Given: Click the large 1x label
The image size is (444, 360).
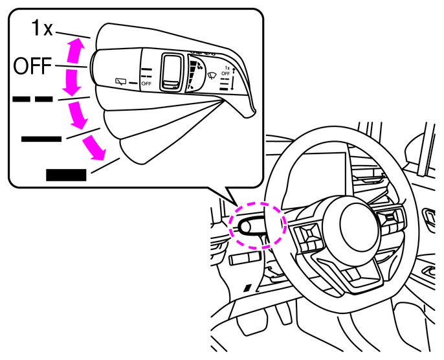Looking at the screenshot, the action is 42,28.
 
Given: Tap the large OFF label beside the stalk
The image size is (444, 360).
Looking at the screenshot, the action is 32,65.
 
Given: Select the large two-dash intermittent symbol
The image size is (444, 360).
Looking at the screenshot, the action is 32,99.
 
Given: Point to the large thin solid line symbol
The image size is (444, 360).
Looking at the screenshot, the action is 41,139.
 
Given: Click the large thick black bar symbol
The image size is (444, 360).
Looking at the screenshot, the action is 66,175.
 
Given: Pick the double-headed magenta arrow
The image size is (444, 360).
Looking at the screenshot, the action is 73,67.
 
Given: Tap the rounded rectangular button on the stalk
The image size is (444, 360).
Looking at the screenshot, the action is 171,73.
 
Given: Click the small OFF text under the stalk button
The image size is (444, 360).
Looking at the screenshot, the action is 146,84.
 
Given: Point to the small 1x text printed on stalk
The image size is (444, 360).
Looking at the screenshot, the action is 227,68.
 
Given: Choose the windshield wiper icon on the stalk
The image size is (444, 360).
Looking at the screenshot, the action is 212,76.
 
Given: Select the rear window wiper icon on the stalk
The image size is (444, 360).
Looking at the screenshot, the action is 120,82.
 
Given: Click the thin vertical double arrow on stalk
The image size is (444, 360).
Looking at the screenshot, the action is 233,79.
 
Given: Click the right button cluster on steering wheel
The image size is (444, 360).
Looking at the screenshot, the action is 391,223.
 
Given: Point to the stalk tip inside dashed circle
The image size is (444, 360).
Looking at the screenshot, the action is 245,226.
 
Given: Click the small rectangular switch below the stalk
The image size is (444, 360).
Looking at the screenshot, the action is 245,258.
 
